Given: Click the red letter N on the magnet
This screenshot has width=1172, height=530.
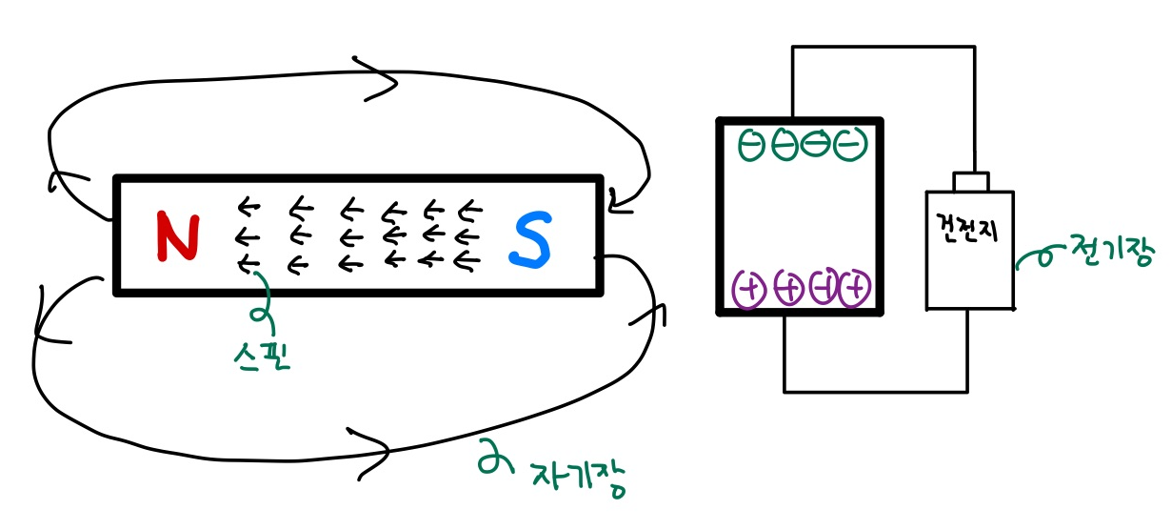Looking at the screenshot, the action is (x=177, y=237).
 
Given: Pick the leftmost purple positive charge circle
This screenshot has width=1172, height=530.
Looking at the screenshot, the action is (x=749, y=288).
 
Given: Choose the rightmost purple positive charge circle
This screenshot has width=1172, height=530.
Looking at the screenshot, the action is (x=856, y=287).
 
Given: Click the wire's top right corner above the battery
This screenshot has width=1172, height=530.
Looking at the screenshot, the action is (x=974, y=47).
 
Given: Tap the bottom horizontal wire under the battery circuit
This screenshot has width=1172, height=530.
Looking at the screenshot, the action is (x=876, y=391).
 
